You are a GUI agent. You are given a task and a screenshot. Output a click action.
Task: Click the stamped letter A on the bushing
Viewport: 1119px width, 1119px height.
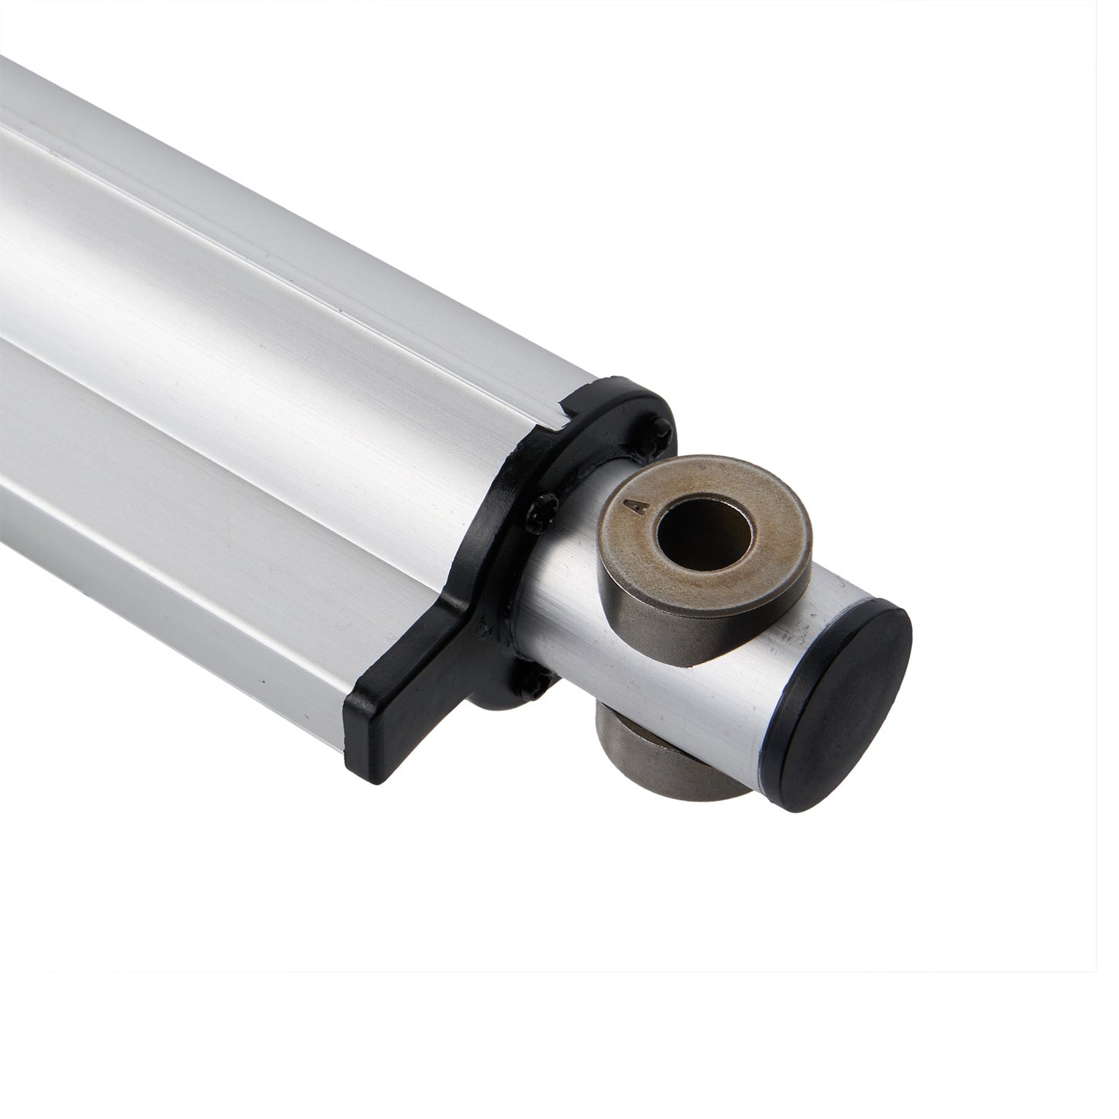pos(640,507)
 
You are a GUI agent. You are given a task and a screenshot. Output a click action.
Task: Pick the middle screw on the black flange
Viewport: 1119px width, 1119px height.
pos(543,513)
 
